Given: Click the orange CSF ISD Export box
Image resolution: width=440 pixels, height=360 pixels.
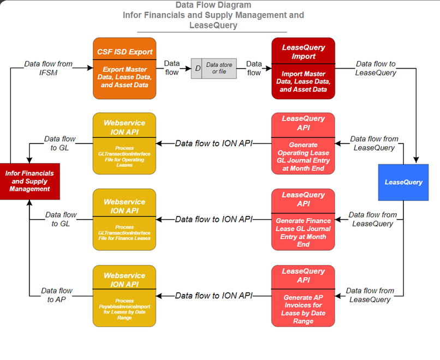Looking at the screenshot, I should [x=124, y=68].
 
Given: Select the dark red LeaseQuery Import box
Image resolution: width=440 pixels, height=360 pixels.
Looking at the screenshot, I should [x=303, y=68].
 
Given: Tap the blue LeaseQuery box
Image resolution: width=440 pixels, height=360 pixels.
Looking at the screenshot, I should [x=403, y=182].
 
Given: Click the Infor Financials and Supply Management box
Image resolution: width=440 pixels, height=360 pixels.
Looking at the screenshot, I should [x=29, y=181].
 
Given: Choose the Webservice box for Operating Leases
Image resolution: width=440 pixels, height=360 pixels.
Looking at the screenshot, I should [x=124, y=143].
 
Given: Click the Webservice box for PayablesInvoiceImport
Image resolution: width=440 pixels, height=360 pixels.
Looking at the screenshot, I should [x=124, y=296].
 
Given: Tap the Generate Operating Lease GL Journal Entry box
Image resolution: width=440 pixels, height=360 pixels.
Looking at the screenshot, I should [x=303, y=143].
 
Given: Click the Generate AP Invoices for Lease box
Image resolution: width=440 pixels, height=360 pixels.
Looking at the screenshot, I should [x=303, y=296].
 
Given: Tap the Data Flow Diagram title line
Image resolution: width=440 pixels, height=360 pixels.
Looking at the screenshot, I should [x=213, y=6].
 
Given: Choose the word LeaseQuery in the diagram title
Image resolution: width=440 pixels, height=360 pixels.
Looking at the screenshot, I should [x=213, y=25].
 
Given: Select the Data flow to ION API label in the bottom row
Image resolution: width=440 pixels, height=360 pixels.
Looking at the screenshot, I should [x=213, y=296].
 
